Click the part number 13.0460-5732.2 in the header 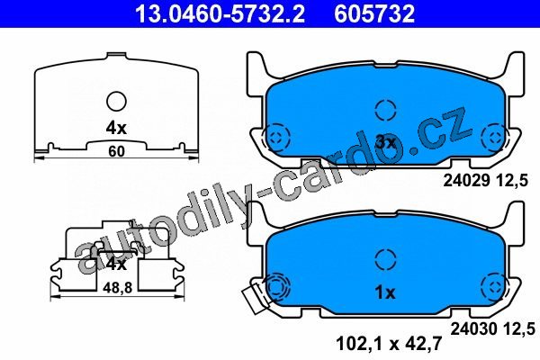[x=220, y=13]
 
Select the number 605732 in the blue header [x=374, y=13]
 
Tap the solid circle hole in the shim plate [x=116, y=102]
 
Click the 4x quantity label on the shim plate [x=116, y=129]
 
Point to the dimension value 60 [x=116, y=151]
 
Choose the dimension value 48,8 [x=118, y=288]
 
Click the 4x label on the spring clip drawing [x=116, y=265]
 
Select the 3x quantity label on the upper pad [x=386, y=142]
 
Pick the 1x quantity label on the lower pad [x=385, y=292]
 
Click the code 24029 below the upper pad [x=466, y=181]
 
